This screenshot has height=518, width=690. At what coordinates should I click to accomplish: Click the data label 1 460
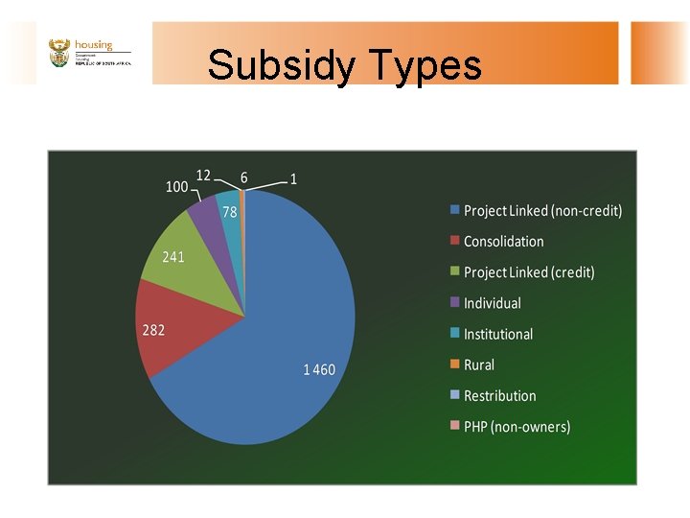[319, 369]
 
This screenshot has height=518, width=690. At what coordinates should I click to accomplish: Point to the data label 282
[153, 330]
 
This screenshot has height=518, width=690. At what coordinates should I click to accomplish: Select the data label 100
[177, 187]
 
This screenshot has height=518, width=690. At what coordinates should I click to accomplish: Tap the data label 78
[230, 213]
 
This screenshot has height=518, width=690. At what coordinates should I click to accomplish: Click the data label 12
[203, 175]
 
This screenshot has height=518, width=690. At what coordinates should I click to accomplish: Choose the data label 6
[243, 177]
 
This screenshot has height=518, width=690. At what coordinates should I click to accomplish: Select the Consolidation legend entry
[503, 242]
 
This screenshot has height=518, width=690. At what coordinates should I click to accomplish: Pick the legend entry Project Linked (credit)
[529, 272]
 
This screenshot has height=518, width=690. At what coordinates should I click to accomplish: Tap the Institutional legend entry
[497, 334]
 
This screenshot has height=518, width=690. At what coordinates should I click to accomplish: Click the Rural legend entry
[479, 365]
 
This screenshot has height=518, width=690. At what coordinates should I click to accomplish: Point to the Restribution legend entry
[499, 395]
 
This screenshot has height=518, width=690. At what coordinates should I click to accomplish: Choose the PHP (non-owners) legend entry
[517, 426]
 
